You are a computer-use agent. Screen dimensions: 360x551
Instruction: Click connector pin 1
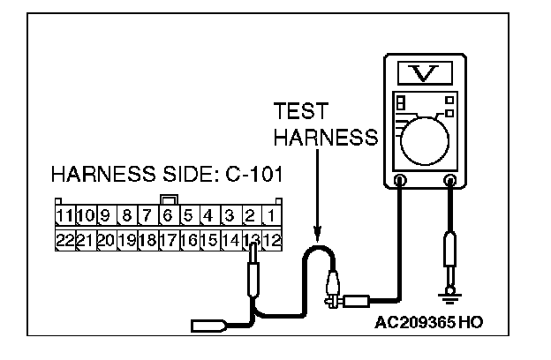273,215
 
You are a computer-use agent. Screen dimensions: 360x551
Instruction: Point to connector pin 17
168,239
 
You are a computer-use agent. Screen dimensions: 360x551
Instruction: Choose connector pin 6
168,215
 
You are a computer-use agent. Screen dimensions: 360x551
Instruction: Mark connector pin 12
273,239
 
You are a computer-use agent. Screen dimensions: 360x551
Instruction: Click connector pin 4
209,215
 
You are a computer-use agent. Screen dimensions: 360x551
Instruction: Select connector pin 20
105,239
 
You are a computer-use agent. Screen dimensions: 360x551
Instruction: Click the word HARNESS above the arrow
325,139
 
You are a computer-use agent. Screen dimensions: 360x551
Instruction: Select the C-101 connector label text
248,175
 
